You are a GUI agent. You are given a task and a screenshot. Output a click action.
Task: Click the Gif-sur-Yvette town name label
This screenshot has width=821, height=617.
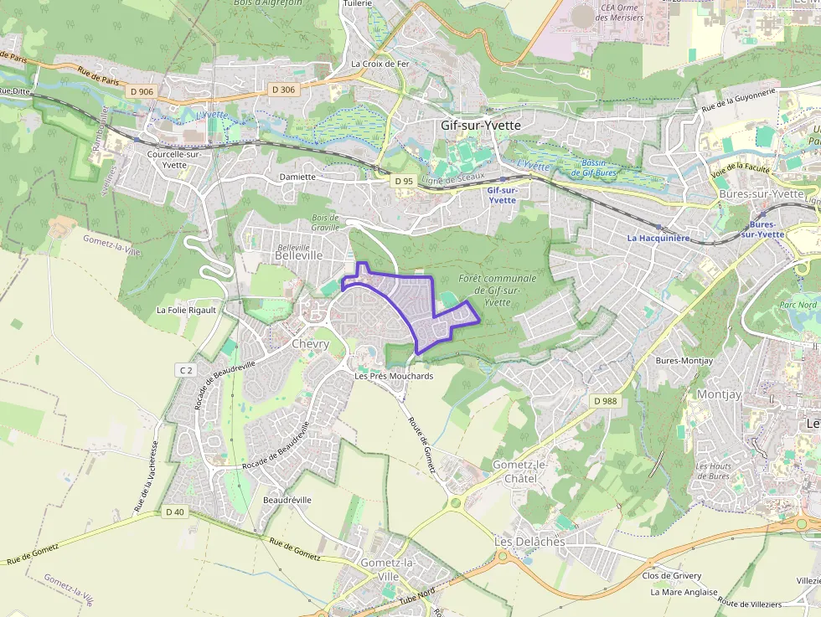(480, 125)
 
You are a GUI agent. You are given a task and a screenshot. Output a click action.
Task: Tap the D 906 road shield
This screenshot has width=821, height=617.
(142, 91)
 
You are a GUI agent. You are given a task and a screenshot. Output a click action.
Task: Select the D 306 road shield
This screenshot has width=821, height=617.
(283, 90)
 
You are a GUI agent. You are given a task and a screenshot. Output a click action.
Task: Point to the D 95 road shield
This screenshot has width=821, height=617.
(404, 180)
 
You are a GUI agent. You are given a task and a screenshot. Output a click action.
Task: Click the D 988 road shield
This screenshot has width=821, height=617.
(604, 401)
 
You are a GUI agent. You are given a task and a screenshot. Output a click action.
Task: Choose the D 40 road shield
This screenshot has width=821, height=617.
(174, 512)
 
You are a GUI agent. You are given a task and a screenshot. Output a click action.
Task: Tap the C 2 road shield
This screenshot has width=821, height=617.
(185, 369)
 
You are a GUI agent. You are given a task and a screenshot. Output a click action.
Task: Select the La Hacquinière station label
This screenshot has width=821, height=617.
(658, 238)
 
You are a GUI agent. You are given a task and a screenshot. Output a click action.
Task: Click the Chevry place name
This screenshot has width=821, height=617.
(310, 344)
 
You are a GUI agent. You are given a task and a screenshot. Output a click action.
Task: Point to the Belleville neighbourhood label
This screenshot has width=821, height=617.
(298, 256)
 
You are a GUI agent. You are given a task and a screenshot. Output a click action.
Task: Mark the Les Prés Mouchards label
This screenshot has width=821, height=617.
(394, 377)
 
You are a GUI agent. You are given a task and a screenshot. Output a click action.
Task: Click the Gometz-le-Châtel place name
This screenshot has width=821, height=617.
(519, 470)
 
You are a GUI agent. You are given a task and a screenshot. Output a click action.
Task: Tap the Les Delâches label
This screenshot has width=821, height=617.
(529, 542)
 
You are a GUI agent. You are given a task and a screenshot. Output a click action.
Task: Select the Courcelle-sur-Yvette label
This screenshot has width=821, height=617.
(174, 159)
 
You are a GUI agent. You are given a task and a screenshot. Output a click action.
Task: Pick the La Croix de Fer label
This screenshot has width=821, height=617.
(380, 64)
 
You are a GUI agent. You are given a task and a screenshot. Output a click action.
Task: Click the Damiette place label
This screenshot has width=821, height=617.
(297, 177)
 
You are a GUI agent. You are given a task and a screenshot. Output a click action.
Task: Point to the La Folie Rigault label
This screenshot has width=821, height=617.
(186, 310)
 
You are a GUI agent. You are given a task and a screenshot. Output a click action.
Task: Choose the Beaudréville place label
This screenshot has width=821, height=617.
(287, 500)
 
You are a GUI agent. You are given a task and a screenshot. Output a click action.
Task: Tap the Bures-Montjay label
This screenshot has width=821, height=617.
(684, 361)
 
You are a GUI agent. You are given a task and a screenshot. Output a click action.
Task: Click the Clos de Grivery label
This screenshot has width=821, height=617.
(671, 576)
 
